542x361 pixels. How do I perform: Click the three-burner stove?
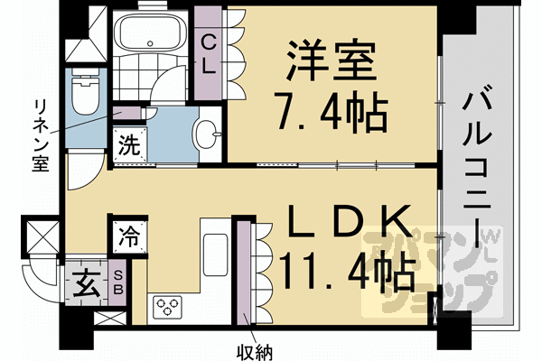coord(168,307)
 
